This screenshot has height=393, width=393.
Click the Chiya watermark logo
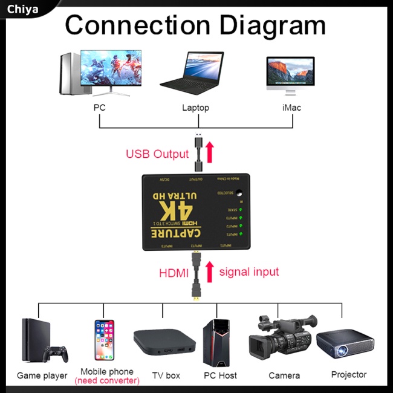(23, 8)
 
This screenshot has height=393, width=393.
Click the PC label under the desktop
(100, 108)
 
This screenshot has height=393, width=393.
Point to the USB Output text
(157, 154)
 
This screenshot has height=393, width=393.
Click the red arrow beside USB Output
(210, 152)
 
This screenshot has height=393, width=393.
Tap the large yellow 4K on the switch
(177, 211)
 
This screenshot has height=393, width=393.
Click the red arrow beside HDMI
(210, 272)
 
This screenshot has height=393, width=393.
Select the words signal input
(249, 272)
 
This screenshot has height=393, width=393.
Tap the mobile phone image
(104, 340)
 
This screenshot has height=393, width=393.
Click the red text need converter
(107, 381)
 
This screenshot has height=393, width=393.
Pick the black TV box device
(164, 342)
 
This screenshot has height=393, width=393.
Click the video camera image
(282, 340)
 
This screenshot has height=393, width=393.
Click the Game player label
(42, 375)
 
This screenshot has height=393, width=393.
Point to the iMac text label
(291, 108)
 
